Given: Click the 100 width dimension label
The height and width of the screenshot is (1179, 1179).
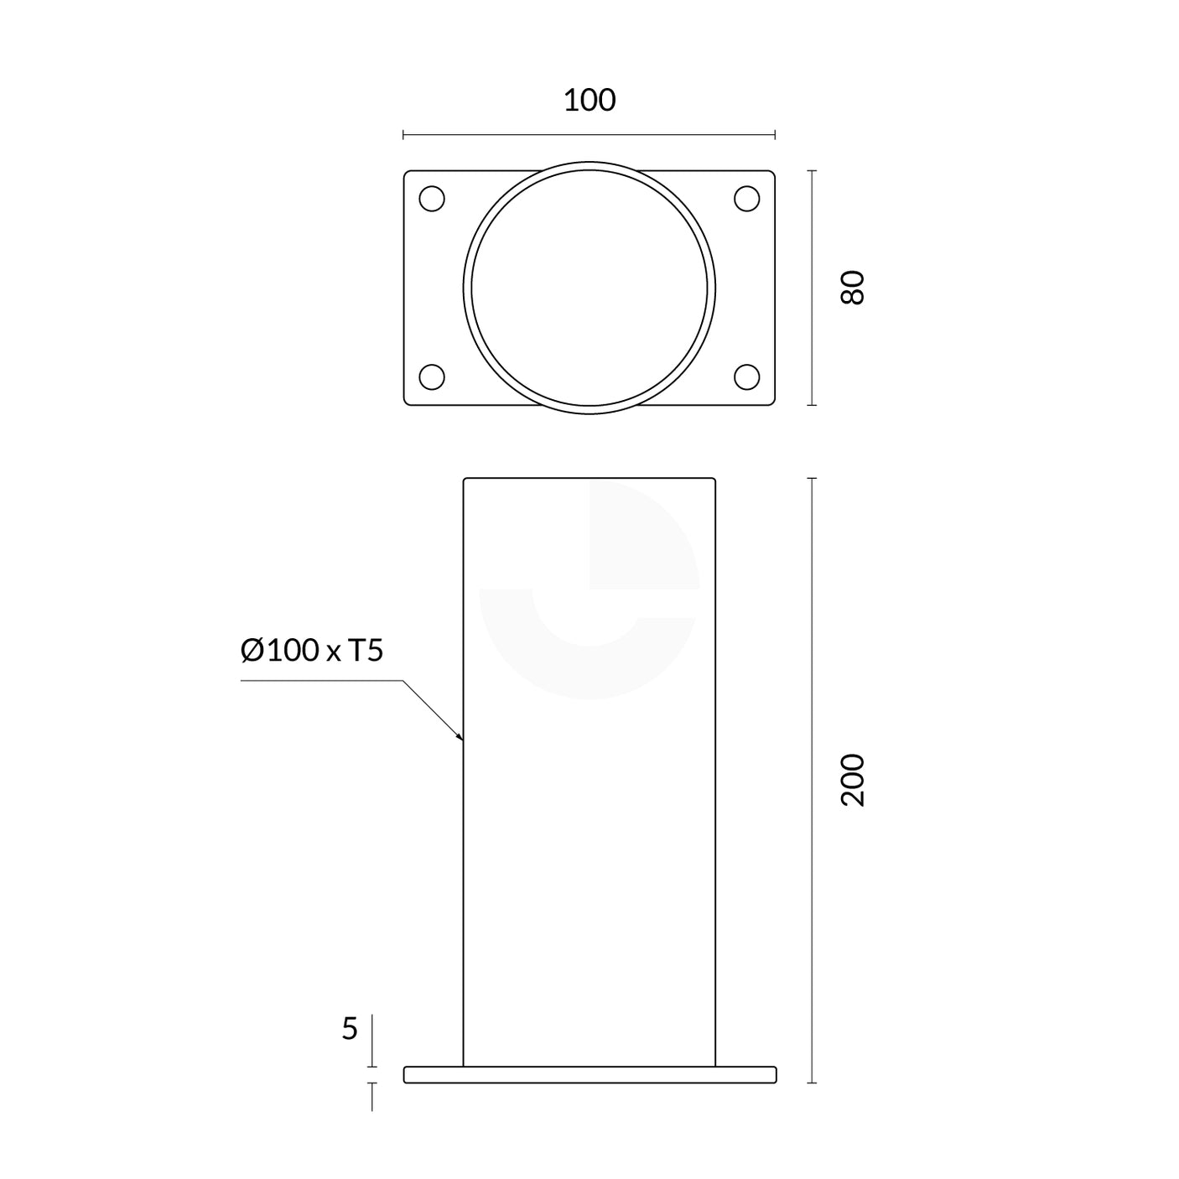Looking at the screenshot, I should pyautogui.click(x=589, y=101).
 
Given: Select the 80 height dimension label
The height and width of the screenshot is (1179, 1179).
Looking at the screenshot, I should pyautogui.click(x=852, y=288).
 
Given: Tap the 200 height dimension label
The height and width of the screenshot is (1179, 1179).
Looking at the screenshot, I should pyautogui.click(x=852, y=780).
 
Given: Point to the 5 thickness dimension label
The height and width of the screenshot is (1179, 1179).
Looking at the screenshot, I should pyautogui.click(x=350, y=1028).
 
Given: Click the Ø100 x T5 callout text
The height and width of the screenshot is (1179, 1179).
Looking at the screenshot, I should pyautogui.click(x=311, y=650).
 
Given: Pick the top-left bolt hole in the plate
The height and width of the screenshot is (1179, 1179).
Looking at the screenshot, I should pyautogui.click(x=432, y=200).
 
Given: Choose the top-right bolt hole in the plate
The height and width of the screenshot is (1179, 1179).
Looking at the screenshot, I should pyautogui.click(x=746, y=200).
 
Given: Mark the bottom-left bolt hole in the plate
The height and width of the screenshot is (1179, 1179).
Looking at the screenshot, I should pyautogui.click(x=432, y=377).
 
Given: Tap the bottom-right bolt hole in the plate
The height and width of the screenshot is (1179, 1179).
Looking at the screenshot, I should pyautogui.click(x=746, y=377).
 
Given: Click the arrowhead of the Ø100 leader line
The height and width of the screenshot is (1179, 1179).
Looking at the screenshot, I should pyautogui.click(x=461, y=739).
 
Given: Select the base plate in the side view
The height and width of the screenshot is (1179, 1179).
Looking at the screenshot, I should pyautogui.click(x=589, y=1074).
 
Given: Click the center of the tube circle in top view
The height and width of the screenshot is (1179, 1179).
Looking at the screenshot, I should pyautogui.click(x=589, y=288).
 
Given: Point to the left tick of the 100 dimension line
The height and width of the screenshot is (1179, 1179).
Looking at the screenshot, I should pyautogui.click(x=403, y=134).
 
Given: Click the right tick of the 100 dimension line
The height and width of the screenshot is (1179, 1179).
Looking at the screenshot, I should pyautogui.click(x=775, y=134).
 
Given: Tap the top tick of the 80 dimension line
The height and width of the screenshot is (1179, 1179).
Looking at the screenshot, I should pyautogui.click(x=812, y=171).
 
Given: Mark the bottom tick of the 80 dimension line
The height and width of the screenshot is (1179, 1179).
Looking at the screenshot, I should pyautogui.click(x=812, y=405).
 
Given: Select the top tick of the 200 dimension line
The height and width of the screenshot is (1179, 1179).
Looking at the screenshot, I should pyautogui.click(x=812, y=478).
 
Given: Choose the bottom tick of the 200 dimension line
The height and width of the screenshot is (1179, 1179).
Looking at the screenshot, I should pyautogui.click(x=812, y=1083).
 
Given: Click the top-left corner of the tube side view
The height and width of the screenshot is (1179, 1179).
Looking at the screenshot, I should pyautogui.click(x=465, y=479).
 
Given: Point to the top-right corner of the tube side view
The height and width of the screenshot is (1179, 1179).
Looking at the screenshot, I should pyautogui.click(x=715, y=479).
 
